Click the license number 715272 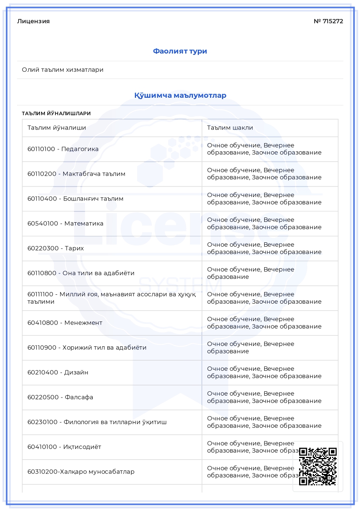[328, 21]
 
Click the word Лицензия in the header [33, 21]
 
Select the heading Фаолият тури [180, 51]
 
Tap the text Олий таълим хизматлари [63, 70]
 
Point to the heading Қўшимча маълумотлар [180, 95]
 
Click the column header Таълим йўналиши [57, 128]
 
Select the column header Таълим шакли [230, 128]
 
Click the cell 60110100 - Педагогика [63, 149]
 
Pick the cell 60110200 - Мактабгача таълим [76, 174]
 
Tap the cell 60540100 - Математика [65, 223]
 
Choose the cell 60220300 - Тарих [55, 248]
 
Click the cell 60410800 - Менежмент [65, 323]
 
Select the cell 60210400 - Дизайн [58, 372]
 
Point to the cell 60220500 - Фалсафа [60, 397]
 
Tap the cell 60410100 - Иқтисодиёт [64, 447]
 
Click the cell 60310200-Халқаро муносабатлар [81, 472]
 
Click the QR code [318, 466]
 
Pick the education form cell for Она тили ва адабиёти [250, 273]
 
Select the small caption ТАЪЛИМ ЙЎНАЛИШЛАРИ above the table [56, 114]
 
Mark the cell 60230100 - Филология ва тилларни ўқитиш [97, 422]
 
